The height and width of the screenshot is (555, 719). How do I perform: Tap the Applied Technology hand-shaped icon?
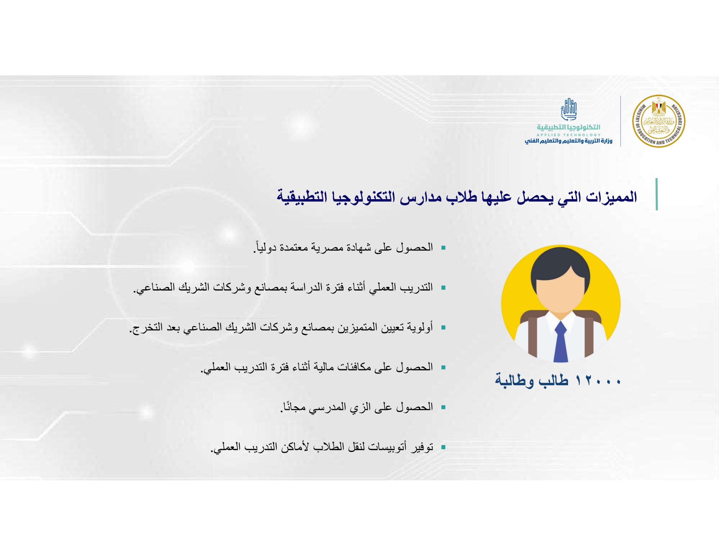click(x=568, y=110)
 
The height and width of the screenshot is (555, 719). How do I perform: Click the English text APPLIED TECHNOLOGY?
click(x=568, y=135)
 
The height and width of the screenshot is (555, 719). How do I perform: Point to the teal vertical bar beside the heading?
click(x=657, y=194)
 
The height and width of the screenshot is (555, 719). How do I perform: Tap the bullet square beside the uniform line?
click(x=443, y=407)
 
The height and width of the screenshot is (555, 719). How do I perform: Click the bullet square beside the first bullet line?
click(x=443, y=247)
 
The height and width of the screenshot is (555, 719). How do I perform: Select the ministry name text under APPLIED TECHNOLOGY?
click(x=568, y=141)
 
